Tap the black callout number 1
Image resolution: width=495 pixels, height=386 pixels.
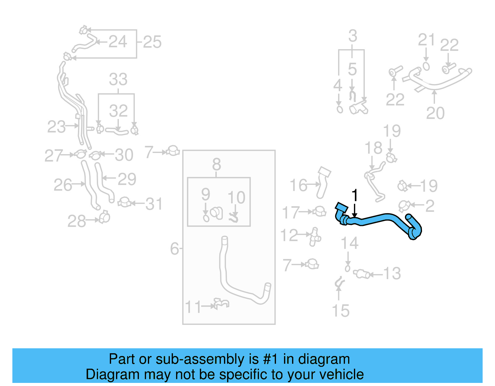(355, 196)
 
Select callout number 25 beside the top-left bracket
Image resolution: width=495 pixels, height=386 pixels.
(152, 42)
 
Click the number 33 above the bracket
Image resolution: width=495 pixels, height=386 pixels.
(118, 79)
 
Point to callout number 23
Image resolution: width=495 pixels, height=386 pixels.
(56, 127)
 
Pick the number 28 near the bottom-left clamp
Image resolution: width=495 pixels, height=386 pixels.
(76, 221)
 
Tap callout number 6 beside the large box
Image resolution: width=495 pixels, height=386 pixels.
(174, 248)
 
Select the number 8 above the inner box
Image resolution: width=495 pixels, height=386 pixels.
(217, 164)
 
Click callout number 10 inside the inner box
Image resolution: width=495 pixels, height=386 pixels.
(236, 197)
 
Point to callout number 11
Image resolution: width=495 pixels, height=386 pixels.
(193, 307)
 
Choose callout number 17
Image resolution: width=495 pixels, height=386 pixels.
(291, 213)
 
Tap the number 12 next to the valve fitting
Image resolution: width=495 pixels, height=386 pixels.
(289, 235)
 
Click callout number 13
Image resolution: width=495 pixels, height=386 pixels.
(392, 274)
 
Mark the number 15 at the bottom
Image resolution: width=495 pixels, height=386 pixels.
(340, 311)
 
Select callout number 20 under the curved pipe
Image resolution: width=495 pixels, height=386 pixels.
(435, 113)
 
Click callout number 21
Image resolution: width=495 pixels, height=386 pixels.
(427, 40)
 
